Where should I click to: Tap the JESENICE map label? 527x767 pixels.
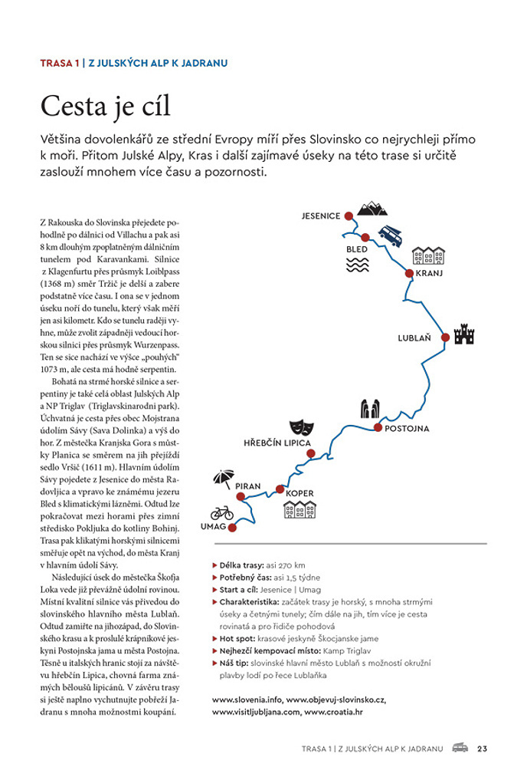pos(321,216)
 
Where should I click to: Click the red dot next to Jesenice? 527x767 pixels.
pos(348,216)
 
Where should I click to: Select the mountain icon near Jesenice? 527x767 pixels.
pos(373,207)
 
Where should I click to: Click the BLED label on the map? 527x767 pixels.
pos(357,249)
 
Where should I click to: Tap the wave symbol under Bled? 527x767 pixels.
pos(357,265)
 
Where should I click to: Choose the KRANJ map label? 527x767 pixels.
pos(430,273)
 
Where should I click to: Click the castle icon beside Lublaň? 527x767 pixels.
pos(464,334)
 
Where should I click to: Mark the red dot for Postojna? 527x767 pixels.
pos(378,427)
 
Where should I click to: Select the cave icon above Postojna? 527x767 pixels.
pos(371,409)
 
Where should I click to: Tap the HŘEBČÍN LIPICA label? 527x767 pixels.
pos(277,443)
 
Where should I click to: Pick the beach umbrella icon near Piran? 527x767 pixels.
pos(223,479)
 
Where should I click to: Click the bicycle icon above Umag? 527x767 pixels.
pos(222,512)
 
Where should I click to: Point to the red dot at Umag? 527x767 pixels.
pos(232,527)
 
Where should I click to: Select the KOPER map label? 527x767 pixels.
pos(300,494)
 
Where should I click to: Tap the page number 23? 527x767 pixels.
pos(482,748)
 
